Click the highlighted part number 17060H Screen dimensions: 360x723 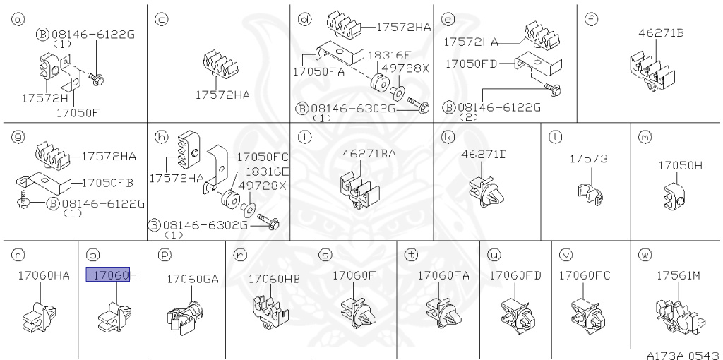click(111, 275)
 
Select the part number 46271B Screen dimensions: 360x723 click(661, 32)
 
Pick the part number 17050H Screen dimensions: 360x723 click(680, 165)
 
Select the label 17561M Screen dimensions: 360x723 click(678, 276)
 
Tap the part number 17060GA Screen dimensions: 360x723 click(192, 279)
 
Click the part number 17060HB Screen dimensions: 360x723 click(273, 279)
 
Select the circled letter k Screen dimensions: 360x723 click(446, 137)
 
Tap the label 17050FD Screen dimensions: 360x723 click(471, 64)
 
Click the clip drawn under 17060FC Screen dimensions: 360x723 click(587, 312)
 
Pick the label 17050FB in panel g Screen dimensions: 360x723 click(107, 182)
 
